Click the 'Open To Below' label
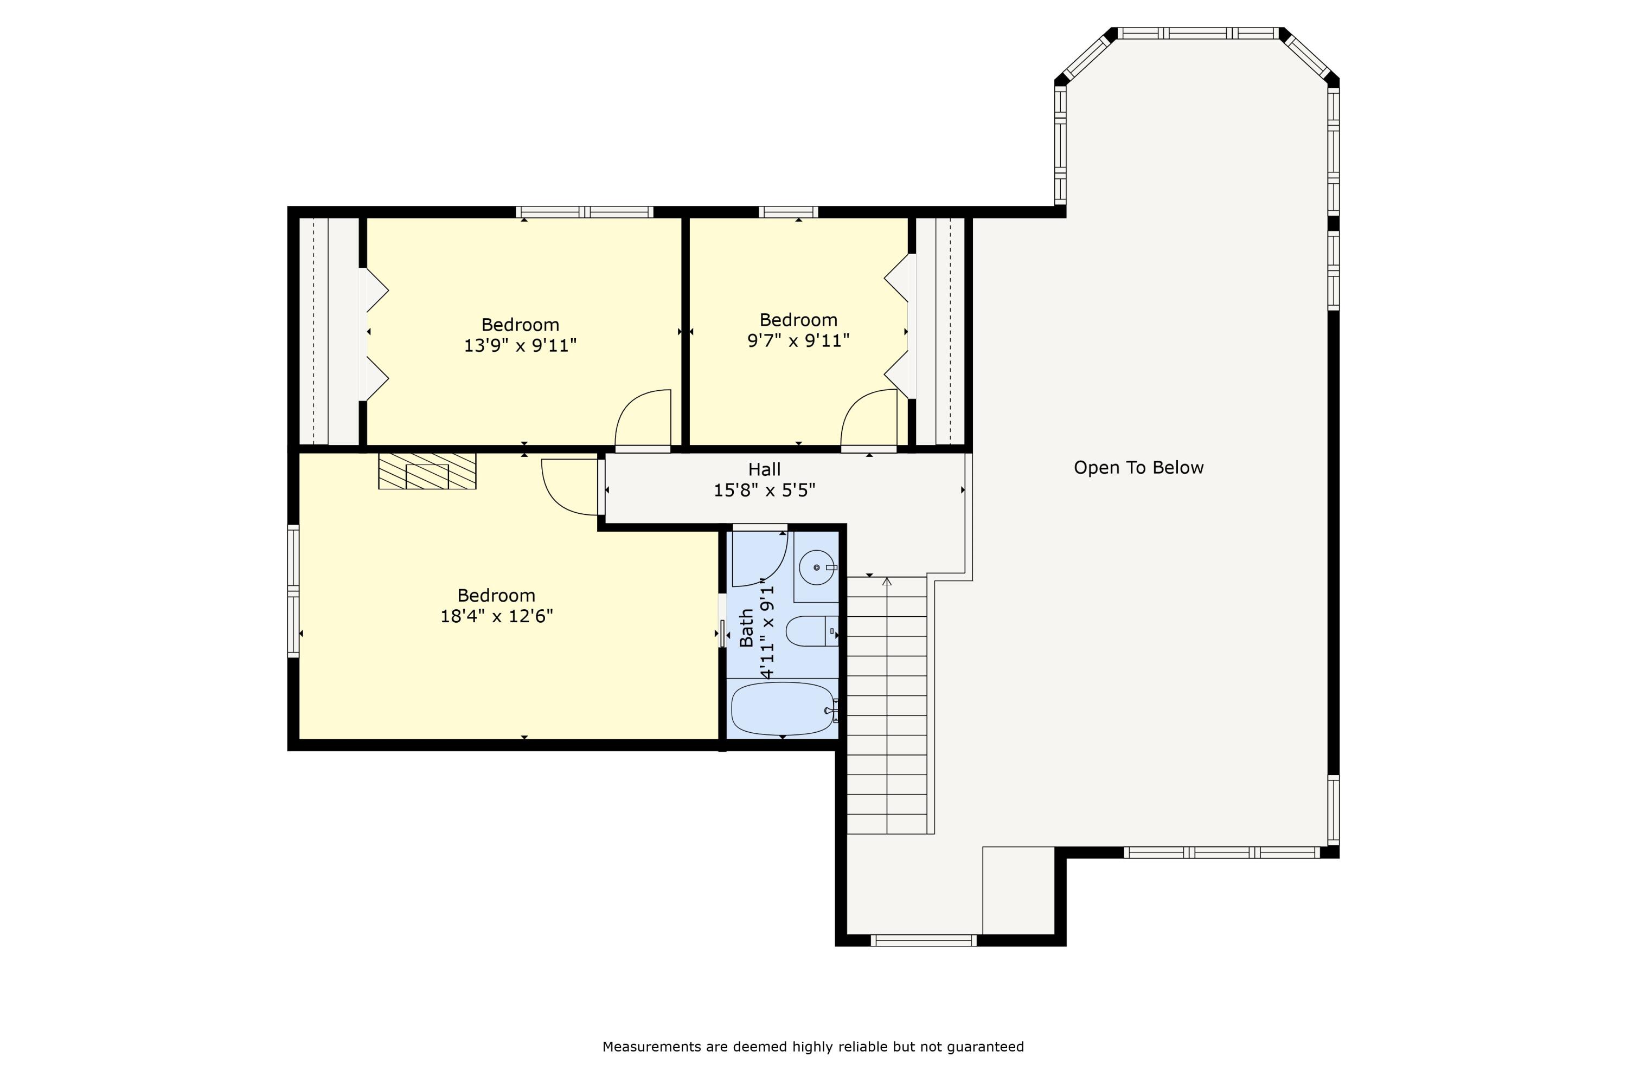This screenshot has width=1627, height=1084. (1138, 468)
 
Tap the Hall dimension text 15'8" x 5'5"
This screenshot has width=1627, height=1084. (764, 490)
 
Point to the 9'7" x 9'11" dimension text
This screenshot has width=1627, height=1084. (798, 340)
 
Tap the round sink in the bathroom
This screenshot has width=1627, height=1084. (817, 567)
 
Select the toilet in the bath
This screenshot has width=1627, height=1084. (811, 631)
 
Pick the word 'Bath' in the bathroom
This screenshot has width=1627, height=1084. (746, 628)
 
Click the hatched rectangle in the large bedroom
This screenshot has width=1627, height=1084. (427, 472)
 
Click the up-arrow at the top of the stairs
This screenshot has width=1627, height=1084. (887, 582)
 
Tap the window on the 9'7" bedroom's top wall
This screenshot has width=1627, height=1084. (788, 212)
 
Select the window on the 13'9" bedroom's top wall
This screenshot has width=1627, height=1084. (585, 212)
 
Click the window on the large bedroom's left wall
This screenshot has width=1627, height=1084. (293, 591)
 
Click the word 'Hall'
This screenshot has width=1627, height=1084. (764, 469)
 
